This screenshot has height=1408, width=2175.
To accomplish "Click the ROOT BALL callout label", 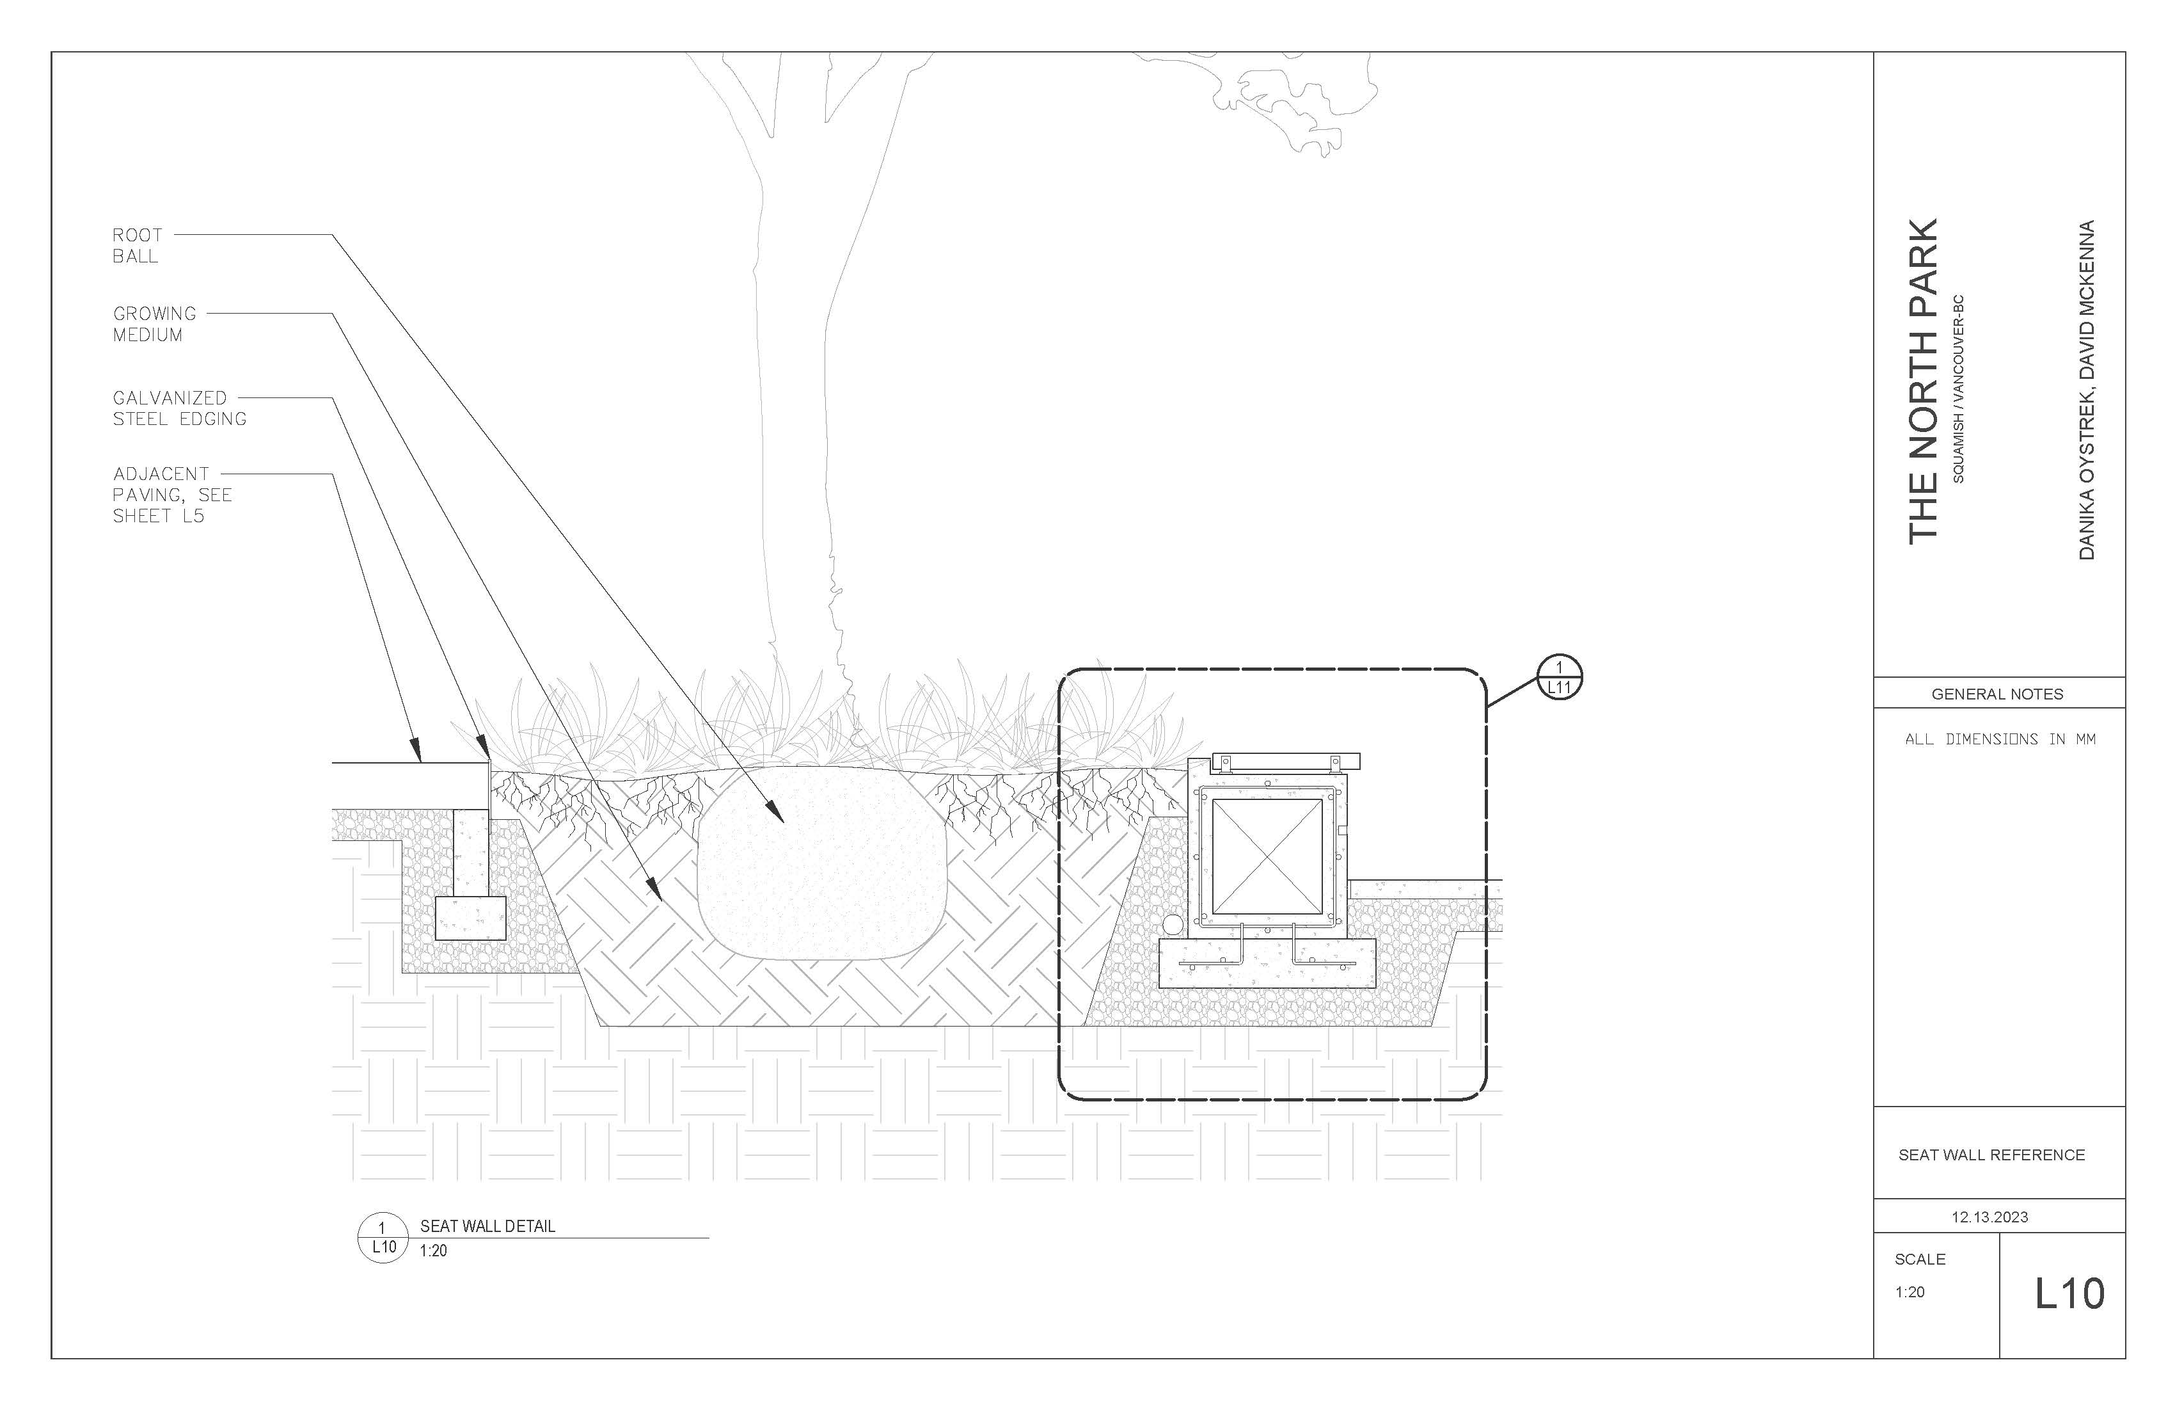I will tap(136, 246).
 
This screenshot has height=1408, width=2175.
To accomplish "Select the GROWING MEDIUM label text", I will tap(154, 324).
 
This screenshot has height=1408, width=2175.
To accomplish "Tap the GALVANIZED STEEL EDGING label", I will tap(179, 409).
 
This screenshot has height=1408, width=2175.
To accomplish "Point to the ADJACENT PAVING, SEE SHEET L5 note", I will tap(172, 495).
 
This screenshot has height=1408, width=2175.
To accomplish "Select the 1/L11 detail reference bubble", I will tap(1559, 678).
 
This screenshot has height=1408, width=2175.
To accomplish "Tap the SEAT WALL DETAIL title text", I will tap(487, 1226).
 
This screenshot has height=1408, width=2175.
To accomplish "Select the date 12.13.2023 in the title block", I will tap(1989, 1217).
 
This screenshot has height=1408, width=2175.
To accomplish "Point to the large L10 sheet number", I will tap(2069, 1293).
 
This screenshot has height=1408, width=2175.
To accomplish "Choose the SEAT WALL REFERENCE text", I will tap(1991, 1155).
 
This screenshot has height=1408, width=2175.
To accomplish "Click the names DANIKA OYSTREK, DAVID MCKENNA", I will tap(2086, 390).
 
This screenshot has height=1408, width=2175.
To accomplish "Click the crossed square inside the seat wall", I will tap(1267, 857).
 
